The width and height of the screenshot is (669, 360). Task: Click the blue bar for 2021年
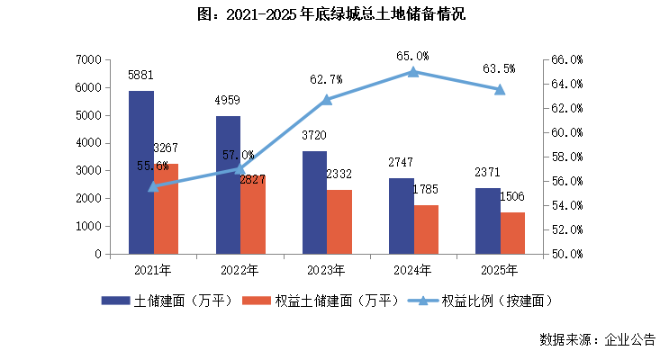click(x=140, y=172)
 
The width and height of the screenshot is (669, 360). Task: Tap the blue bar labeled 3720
click(x=314, y=202)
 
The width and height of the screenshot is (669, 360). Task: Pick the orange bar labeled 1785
click(x=427, y=229)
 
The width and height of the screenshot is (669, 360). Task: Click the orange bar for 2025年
click(x=512, y=233)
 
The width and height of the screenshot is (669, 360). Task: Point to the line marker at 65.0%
click(x=413, y=72)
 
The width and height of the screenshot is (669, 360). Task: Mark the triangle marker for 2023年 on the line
click(x=327, y=100)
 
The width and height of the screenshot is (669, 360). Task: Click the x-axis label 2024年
click(x=413, y=269)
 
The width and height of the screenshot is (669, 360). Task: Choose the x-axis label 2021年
click(x=153, y=269)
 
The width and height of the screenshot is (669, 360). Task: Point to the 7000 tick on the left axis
click(x=87, y=60)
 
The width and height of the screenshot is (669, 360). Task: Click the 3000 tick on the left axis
click(x=87, y=171)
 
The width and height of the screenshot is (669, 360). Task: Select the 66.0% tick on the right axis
click(x=566, y=60)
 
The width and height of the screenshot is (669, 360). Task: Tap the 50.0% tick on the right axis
click(x=566, y=255)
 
